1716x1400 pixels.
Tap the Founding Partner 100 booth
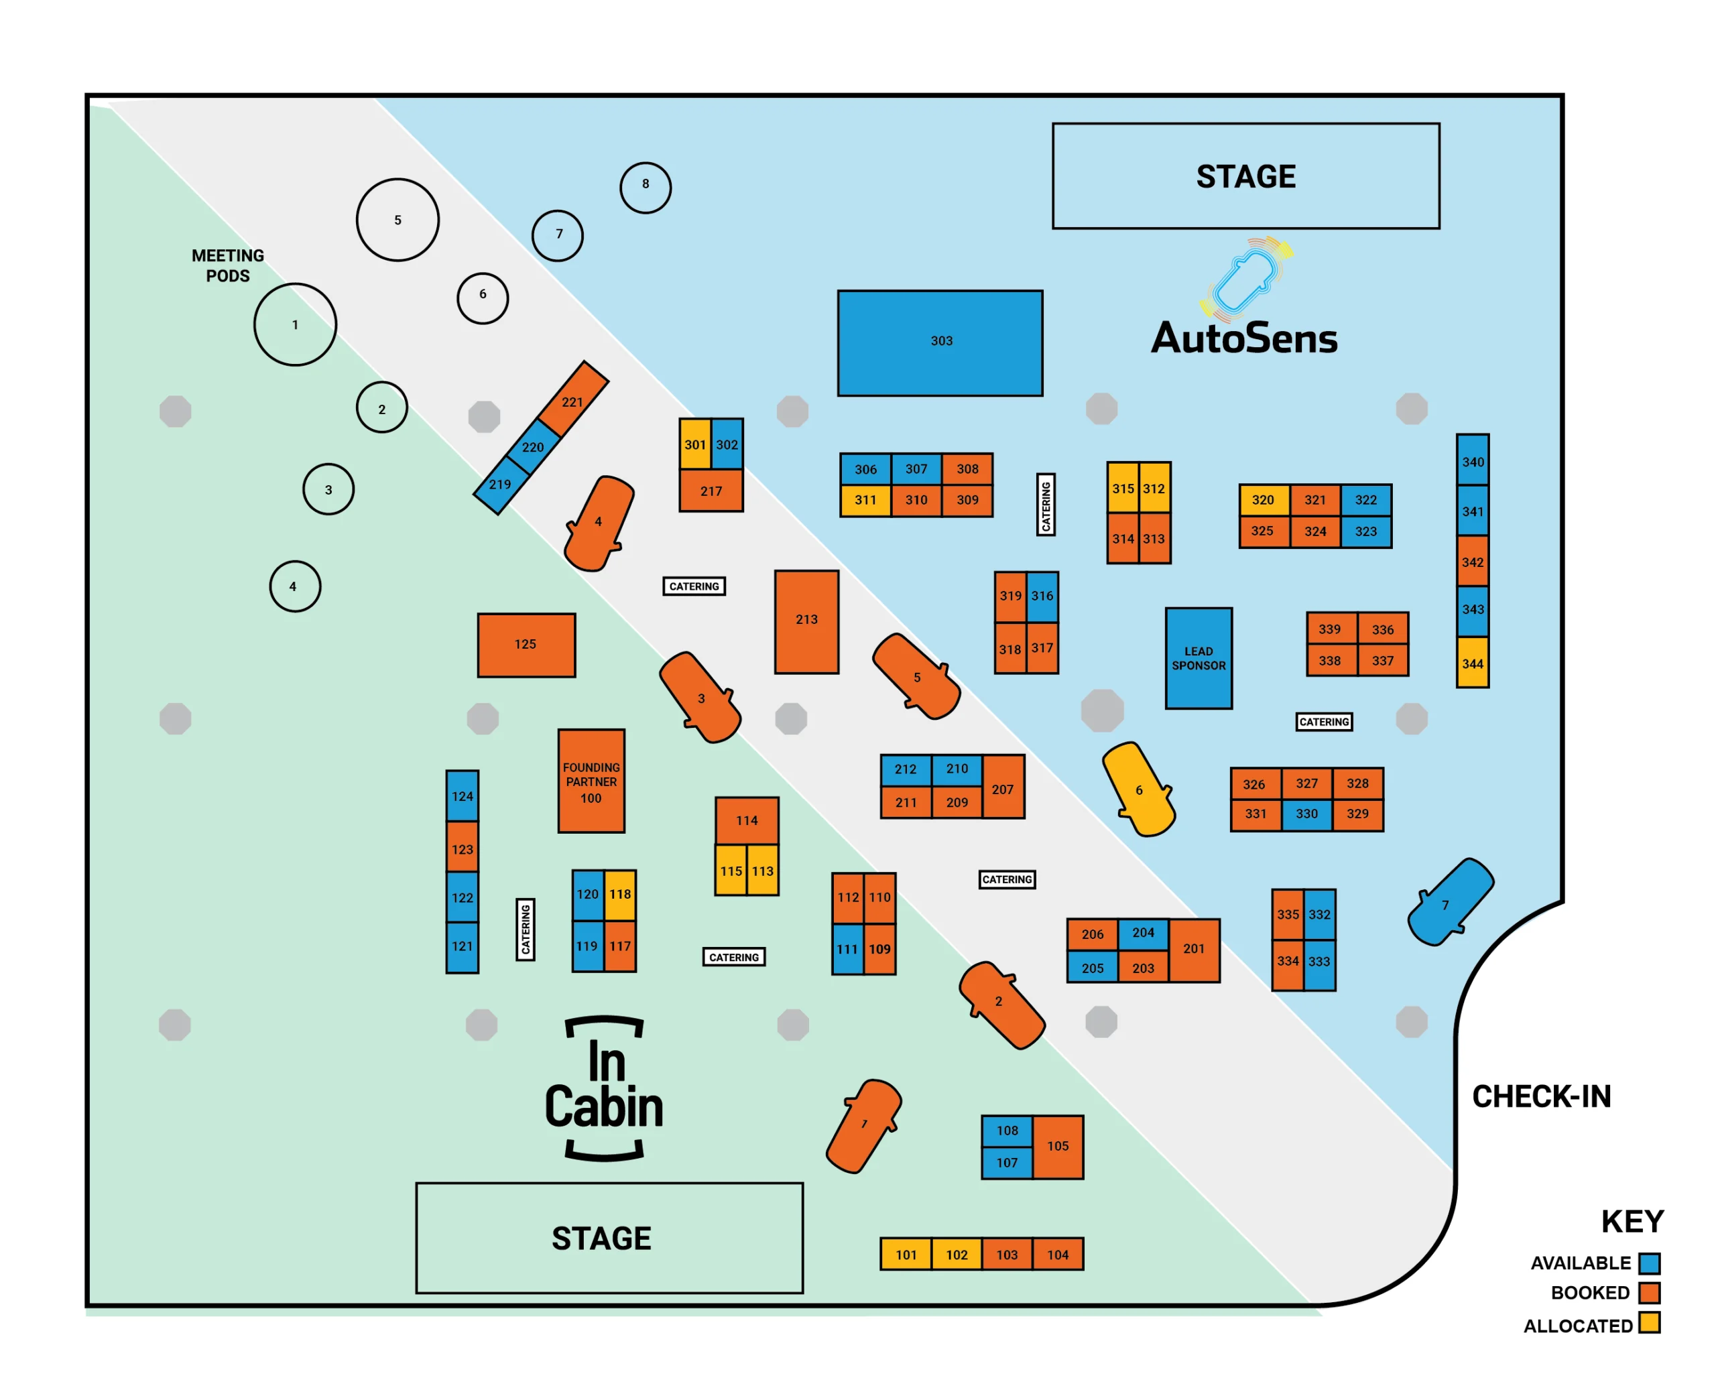pos(591,781)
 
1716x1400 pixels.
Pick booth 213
pos(806,621)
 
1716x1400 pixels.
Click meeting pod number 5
pos(397,219)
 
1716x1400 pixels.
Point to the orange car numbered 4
pos(599,523)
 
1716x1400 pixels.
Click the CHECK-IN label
pos(1541,1097)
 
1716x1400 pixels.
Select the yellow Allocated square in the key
pos(1649,1324)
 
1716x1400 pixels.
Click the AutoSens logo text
pos(1244,338)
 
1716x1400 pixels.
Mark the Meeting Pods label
pos(227,265)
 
